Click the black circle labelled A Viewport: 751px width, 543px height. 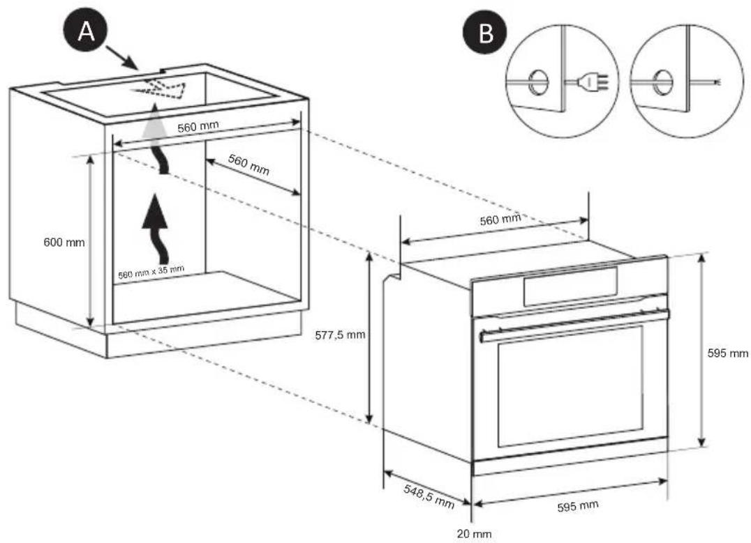[x=87, y=32]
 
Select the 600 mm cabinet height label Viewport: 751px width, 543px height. [x=64, y=243]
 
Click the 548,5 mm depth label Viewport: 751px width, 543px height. [x=429, y=495]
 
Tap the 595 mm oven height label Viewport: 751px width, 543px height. [x=728, y=353]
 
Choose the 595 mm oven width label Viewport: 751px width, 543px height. [x=576, y=506]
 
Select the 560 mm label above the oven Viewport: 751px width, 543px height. [x=500, y=221]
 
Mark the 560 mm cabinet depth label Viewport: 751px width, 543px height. [x=249, y=166]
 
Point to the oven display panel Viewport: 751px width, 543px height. [x=570, y=285]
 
